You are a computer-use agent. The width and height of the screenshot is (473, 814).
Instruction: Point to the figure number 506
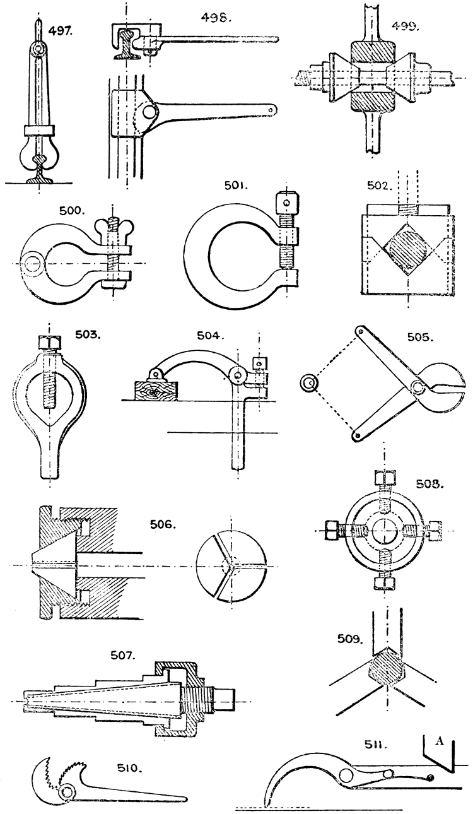click(x=162, y=523)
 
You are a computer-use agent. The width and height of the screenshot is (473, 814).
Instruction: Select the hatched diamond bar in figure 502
click(x=408, y=251)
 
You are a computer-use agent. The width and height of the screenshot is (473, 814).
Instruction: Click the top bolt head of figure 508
click(x=384, y=478)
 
